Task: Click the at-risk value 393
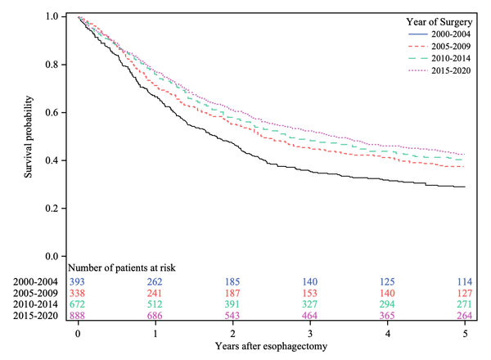coord(79,280)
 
